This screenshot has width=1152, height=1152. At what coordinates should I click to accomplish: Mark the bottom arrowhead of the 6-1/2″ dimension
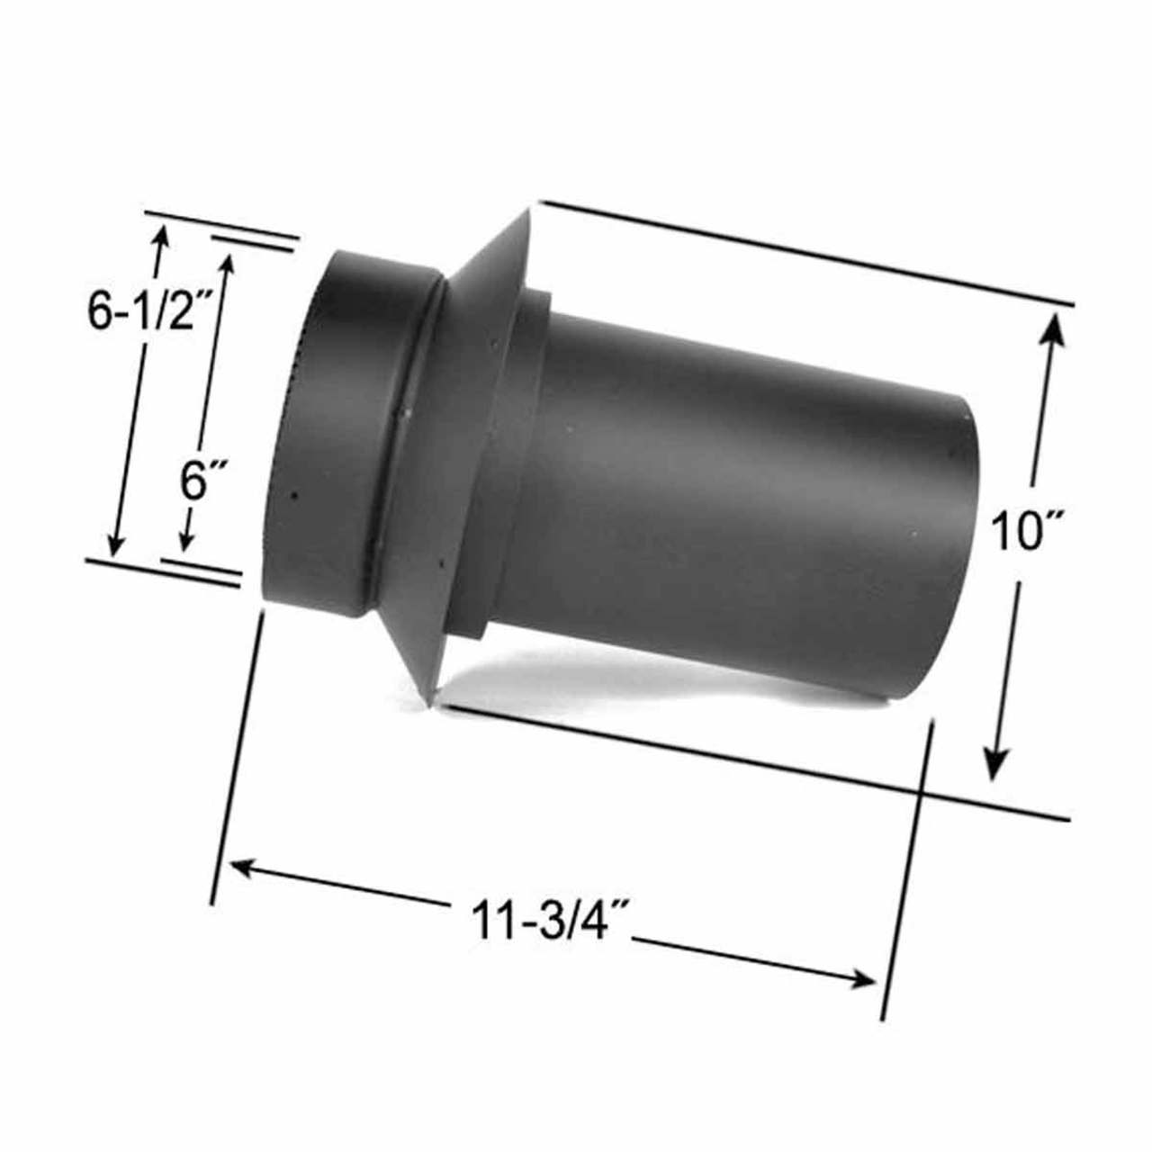pos(115,544)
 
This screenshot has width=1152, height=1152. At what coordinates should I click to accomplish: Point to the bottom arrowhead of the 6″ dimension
pos(185,540)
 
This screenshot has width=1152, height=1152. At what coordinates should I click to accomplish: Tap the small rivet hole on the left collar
pos(294,494)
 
